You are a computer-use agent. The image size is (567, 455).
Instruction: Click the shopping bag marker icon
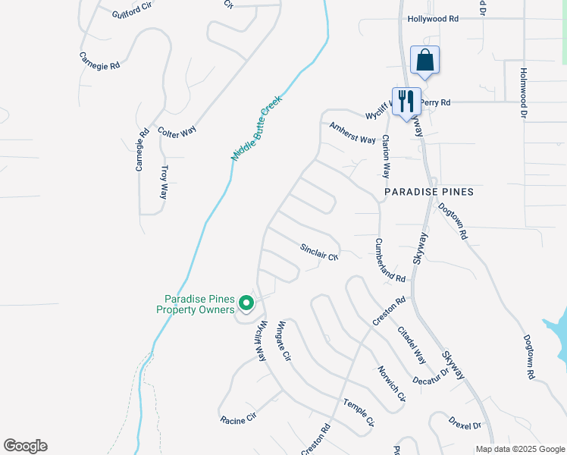(425, 60)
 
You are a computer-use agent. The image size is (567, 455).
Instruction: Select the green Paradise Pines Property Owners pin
(246, 303)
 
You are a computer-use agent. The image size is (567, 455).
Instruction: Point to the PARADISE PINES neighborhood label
(429, 192)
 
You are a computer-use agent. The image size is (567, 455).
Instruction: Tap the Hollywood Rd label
(433, 19)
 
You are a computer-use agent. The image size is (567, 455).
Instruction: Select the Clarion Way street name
(386, 156)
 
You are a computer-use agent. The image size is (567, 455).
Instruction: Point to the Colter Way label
(177, 130)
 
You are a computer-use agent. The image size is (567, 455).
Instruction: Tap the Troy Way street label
(163, 182)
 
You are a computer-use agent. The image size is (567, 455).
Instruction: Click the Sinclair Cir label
(318, 252)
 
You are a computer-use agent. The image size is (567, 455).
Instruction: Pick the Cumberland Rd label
(390, 261)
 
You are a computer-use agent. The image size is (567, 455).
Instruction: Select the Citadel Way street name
(411, 343)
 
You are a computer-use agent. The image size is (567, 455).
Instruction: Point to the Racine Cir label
(239, 418)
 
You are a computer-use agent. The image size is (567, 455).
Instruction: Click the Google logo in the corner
(25, 446)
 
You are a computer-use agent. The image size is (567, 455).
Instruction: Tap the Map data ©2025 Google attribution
(519, 449)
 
